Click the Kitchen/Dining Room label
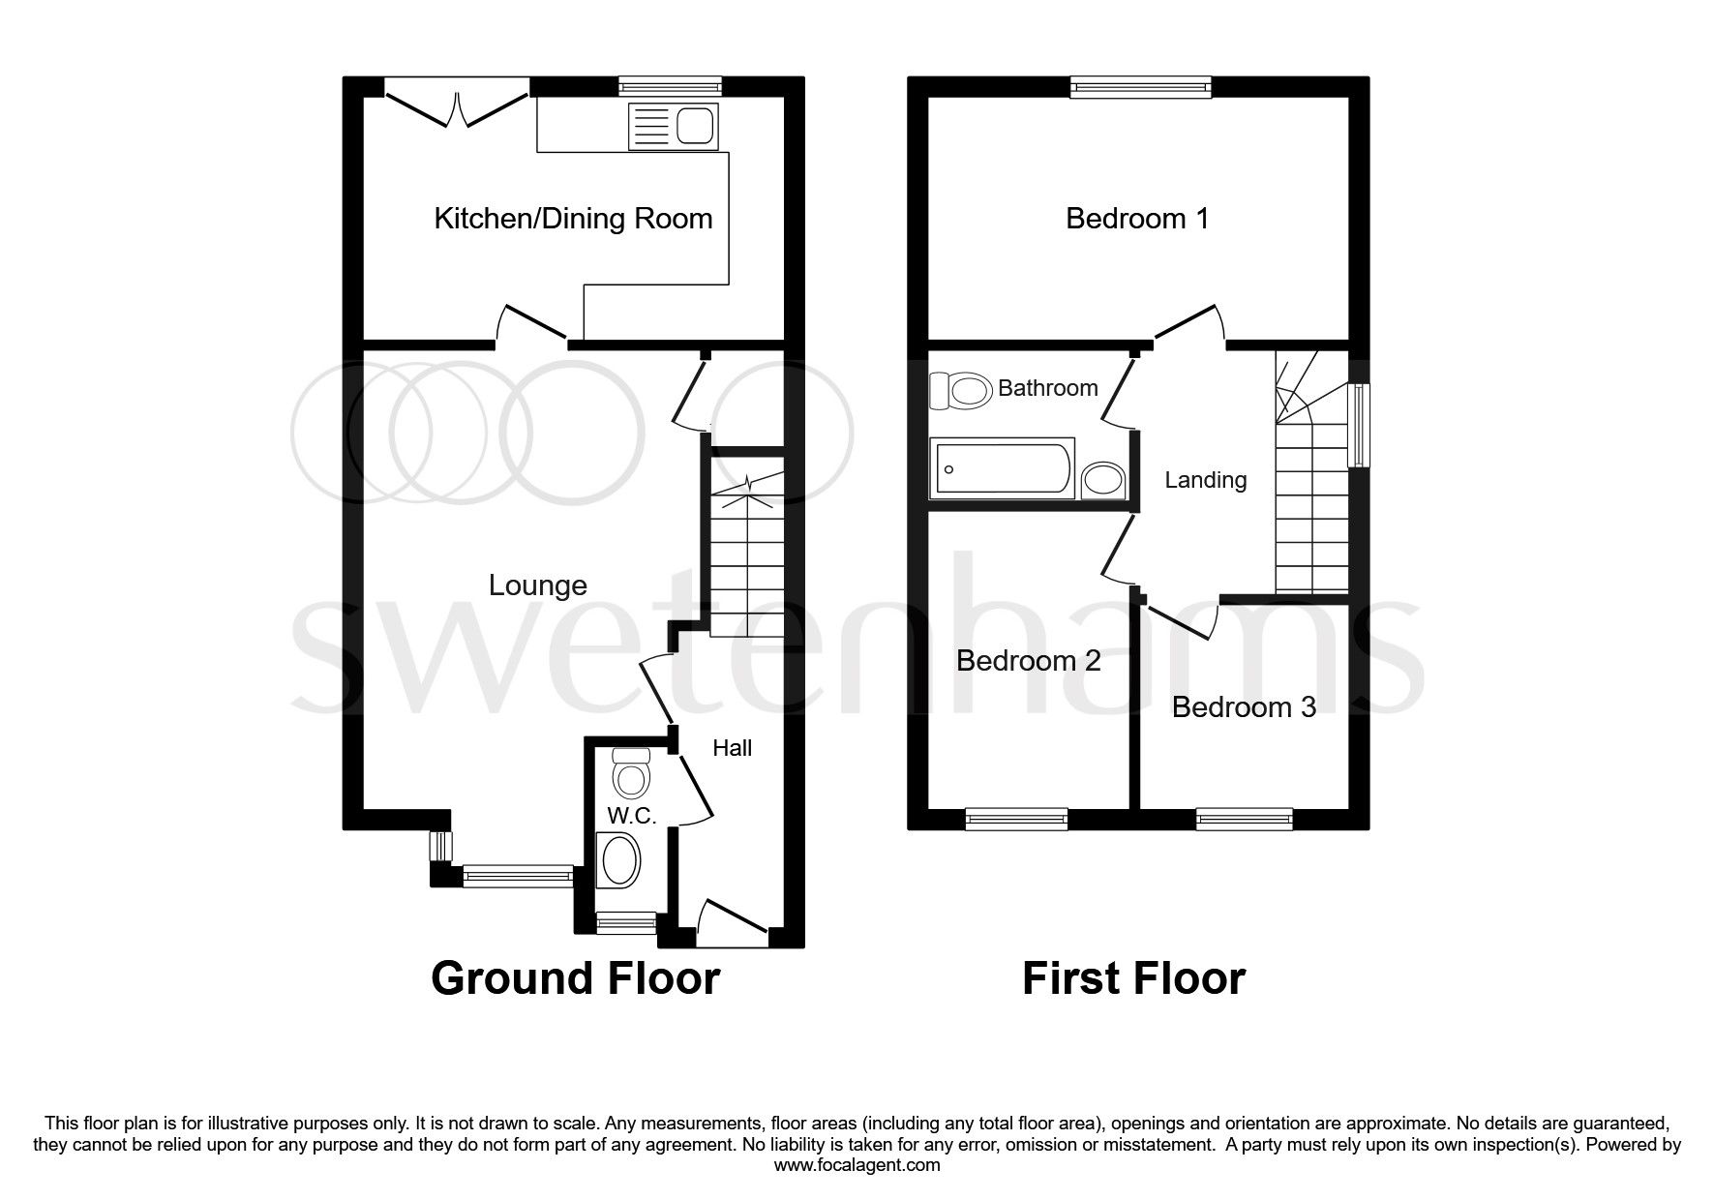573,219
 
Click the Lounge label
537,585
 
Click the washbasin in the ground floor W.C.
620,860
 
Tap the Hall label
732,748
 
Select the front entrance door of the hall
732,920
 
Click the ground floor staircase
747,561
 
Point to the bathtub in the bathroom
1002,468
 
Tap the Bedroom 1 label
1137,219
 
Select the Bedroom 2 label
1028,661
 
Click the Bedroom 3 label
1244,707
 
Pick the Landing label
1205,480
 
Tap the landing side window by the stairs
1360,425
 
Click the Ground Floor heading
575,978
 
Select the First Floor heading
1133,978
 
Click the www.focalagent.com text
857,1165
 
